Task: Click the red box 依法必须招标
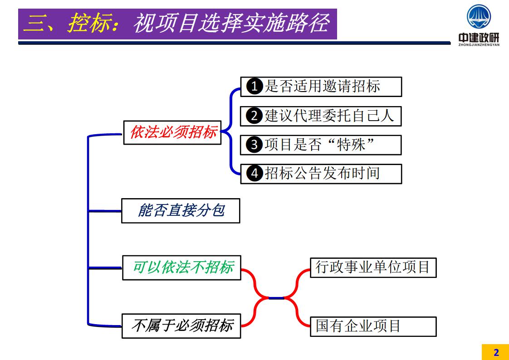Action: (x=172, y=132)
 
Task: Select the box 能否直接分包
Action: (x=181, y=211)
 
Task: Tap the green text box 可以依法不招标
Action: (x=181, y=268)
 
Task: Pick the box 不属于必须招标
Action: (x=181, y=326)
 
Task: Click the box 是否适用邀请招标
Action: (x=321, y=87)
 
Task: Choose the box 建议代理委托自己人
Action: (x=321, y=116)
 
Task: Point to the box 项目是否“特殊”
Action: (x=321, y=145)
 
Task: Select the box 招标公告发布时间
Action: (x=321, y=174)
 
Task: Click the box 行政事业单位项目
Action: (x=373, y=268)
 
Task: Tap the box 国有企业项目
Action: (x=373, y=326)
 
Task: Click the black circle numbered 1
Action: (x=254, y=87)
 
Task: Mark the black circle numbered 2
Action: (x=254, y=116)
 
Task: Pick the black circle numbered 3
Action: (x=254, y=145)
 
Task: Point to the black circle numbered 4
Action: (x=254, y=174)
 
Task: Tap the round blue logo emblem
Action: (x=479, y=17)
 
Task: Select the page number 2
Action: (x=496, y=352)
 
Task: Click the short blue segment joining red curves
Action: (x=276, y=298)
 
